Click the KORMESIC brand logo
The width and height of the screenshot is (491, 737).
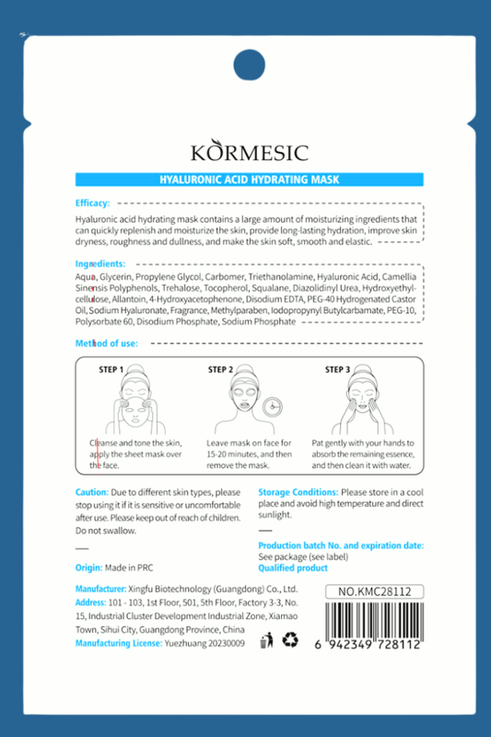[x=250, y=152]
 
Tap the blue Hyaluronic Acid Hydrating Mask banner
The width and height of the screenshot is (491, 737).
[x=250, y=181]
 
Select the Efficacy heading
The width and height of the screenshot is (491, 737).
[x=92, y=203]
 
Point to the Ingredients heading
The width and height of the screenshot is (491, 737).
[x=100, y=263]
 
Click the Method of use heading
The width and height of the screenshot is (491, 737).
[x=107, y=344]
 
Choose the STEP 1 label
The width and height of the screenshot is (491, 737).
[x=111, y=369]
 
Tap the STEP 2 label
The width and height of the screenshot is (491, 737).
[x=220, y=369]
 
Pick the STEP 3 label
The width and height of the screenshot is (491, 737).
[x=337, y=369]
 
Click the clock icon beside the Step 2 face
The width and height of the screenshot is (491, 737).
[x=271, y=407]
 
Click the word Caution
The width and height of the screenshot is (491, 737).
[x=92, y=493]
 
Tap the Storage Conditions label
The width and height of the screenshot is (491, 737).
[x=298, y=493]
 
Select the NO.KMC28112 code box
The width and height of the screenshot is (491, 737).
[x=375, y=591]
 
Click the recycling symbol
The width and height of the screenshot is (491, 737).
[x=290, y=639]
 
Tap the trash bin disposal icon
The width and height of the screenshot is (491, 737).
[x=268, y=639]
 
